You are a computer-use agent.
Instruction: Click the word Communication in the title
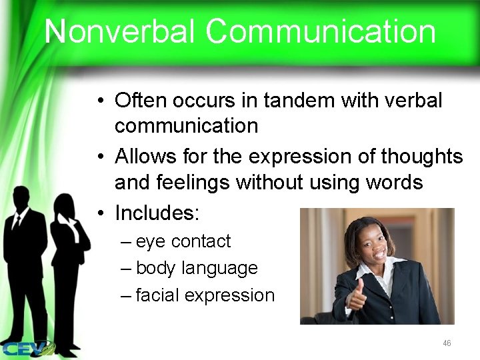coord(321,32)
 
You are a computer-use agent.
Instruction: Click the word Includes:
coord(157,213)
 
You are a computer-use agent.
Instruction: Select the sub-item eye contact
coord(183,241)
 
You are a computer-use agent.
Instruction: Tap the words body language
coord(197,268)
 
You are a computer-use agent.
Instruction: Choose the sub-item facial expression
coord(205,295)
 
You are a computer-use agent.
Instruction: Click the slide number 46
coord(447,343)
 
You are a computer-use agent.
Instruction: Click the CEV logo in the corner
coord(27,347)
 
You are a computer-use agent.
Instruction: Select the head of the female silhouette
coord(63,203)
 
